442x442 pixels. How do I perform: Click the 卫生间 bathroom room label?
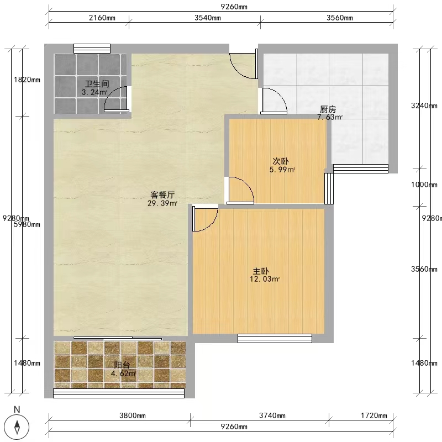coord(97,84)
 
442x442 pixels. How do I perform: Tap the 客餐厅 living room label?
coord(162,195)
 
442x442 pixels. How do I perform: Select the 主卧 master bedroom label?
coord(260,271)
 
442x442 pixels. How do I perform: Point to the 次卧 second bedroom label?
coord(281,161)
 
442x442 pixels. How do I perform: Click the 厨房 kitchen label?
coord(328,109)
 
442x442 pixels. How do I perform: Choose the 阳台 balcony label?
coord(122,365)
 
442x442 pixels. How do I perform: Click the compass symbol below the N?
coord(18,427)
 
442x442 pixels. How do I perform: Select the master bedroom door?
coord(205,219)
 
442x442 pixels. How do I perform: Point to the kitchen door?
coord(274,101)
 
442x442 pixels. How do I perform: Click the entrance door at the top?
coord(244,64)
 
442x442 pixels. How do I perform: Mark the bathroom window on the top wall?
coord(92,49)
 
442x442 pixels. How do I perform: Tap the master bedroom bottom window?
coord(275,338)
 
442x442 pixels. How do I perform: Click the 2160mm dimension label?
coord(102,18)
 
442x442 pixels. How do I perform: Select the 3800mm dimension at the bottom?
coord(133,415)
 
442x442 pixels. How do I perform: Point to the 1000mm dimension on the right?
coord(424,185)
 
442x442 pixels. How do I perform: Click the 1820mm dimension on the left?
coord(27,80)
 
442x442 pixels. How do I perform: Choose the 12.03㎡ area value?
coord(265,279)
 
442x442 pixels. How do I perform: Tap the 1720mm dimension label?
coord(374,415)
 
